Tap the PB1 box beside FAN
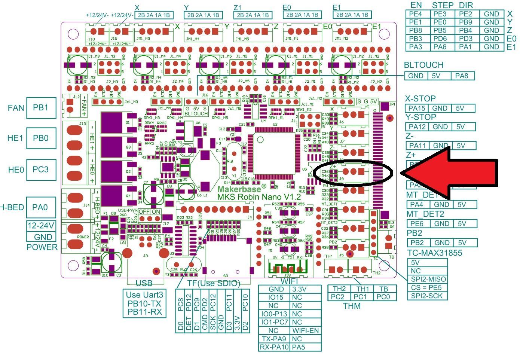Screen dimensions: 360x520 click(40, 108)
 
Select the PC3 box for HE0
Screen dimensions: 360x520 click(40, 170)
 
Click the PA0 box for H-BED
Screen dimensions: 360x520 click(40, 207)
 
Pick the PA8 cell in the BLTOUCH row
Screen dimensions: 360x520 click(462, 76)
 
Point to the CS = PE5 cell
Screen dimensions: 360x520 click(427, 287)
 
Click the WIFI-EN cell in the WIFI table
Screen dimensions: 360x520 click(306, 330)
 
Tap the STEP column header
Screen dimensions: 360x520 click(443, 5)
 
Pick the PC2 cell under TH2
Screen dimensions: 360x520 click(338, 297)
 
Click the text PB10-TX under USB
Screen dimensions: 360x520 click(144, 303)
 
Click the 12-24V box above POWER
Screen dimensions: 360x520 click(40, 226)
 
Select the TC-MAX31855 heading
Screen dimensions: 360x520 click(435, 253)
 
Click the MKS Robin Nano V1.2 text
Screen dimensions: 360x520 click(259, 197)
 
